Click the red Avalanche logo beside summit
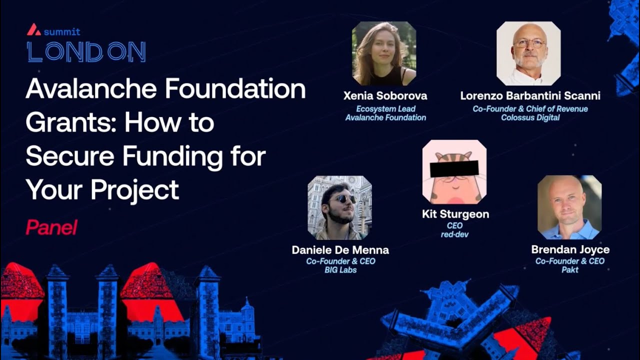[x=34, y=30]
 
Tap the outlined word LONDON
[x=86, y=52]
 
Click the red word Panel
[x=51, y=228]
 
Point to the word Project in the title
[x=134, y=189]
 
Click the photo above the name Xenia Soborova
[x=384, y=53]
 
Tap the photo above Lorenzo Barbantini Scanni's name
[x=528, y=53]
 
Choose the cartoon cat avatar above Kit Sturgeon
[x=454, y=171]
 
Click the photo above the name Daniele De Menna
[x=339, y=207]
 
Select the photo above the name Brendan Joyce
[x=569, y=207]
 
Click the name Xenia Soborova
[x=385, y=95]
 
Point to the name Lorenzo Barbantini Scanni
[x=530, y=95]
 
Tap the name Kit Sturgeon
[x=455, y=214]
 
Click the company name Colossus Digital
[x=530, y=118]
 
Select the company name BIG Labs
[x=340, y=270]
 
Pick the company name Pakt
[x=570, y=270]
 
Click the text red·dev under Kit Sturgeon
[x=454, y=234]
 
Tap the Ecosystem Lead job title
[x=385, y=109]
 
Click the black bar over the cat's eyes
[x=454, y=169]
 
